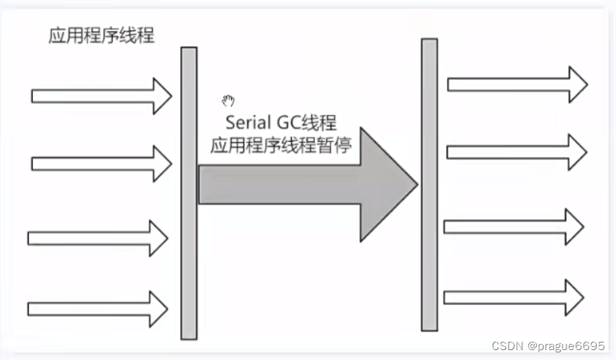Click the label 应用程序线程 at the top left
click(x=101, y=36)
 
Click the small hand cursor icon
click(x=228, y=101)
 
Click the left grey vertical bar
click(x=188, y=193)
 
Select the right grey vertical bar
click(x=429, y=185)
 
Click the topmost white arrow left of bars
click(x=101, y=95)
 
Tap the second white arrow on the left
click(x=101, y=163)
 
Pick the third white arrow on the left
click(x=98, y=238)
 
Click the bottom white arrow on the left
click(x=98, y=308)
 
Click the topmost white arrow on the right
click(x=517, y=84)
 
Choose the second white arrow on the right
click(x=517, y=152)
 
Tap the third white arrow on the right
click(x=514, y=227)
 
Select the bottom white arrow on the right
click(x=514, y=297)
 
